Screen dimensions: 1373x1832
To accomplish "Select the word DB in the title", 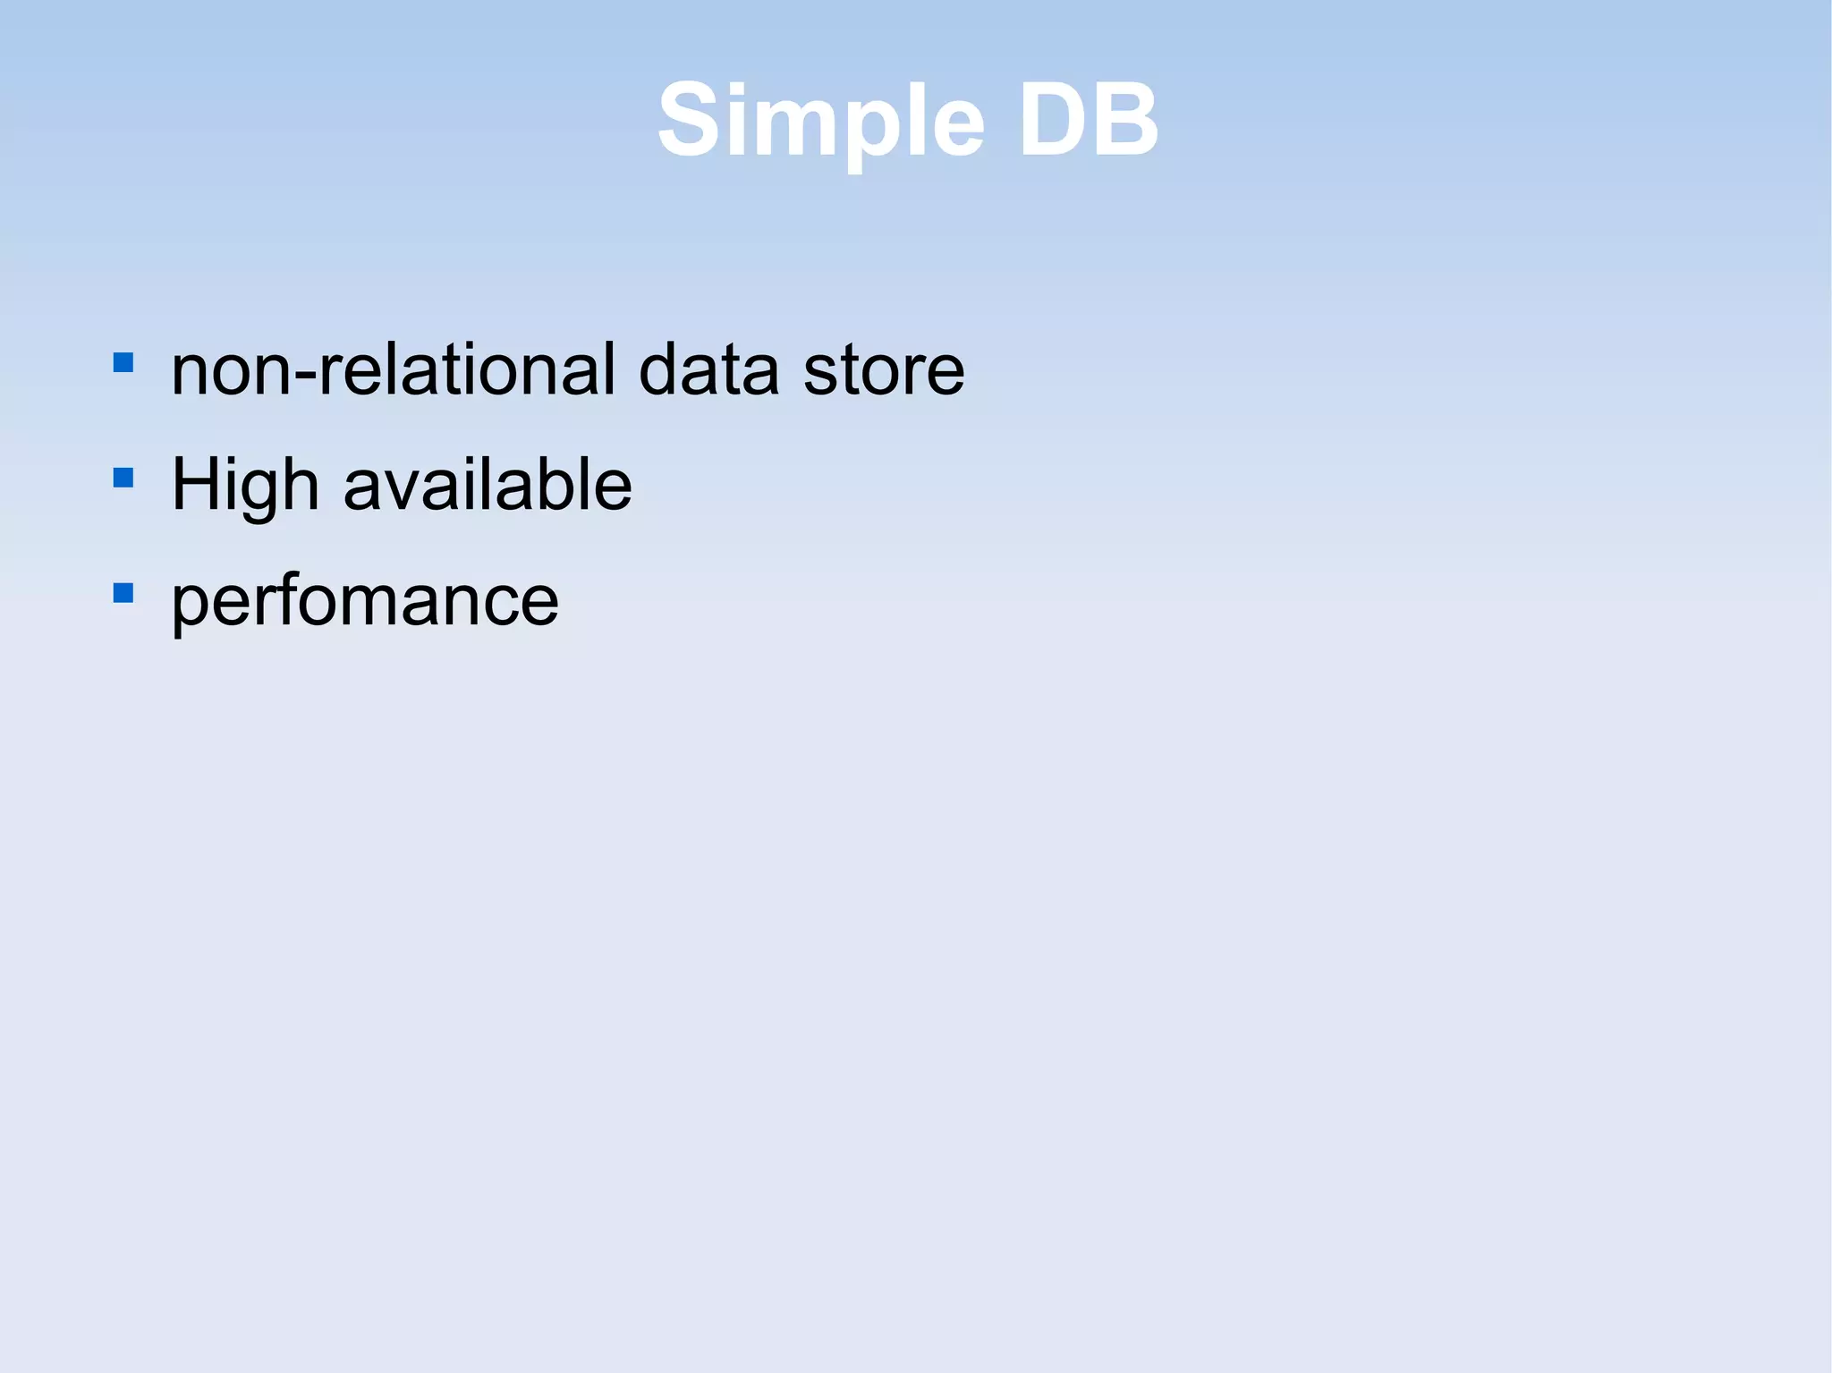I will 1088,121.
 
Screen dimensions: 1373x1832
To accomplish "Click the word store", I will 884,370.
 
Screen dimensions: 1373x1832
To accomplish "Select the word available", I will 488,484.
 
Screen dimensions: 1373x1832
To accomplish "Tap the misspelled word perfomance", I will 365,601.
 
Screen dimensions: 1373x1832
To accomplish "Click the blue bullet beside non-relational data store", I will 123,362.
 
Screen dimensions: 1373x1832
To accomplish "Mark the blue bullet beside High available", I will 123,478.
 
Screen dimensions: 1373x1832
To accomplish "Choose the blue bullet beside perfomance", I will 123,593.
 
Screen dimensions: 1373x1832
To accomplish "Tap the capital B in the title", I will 1125,121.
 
